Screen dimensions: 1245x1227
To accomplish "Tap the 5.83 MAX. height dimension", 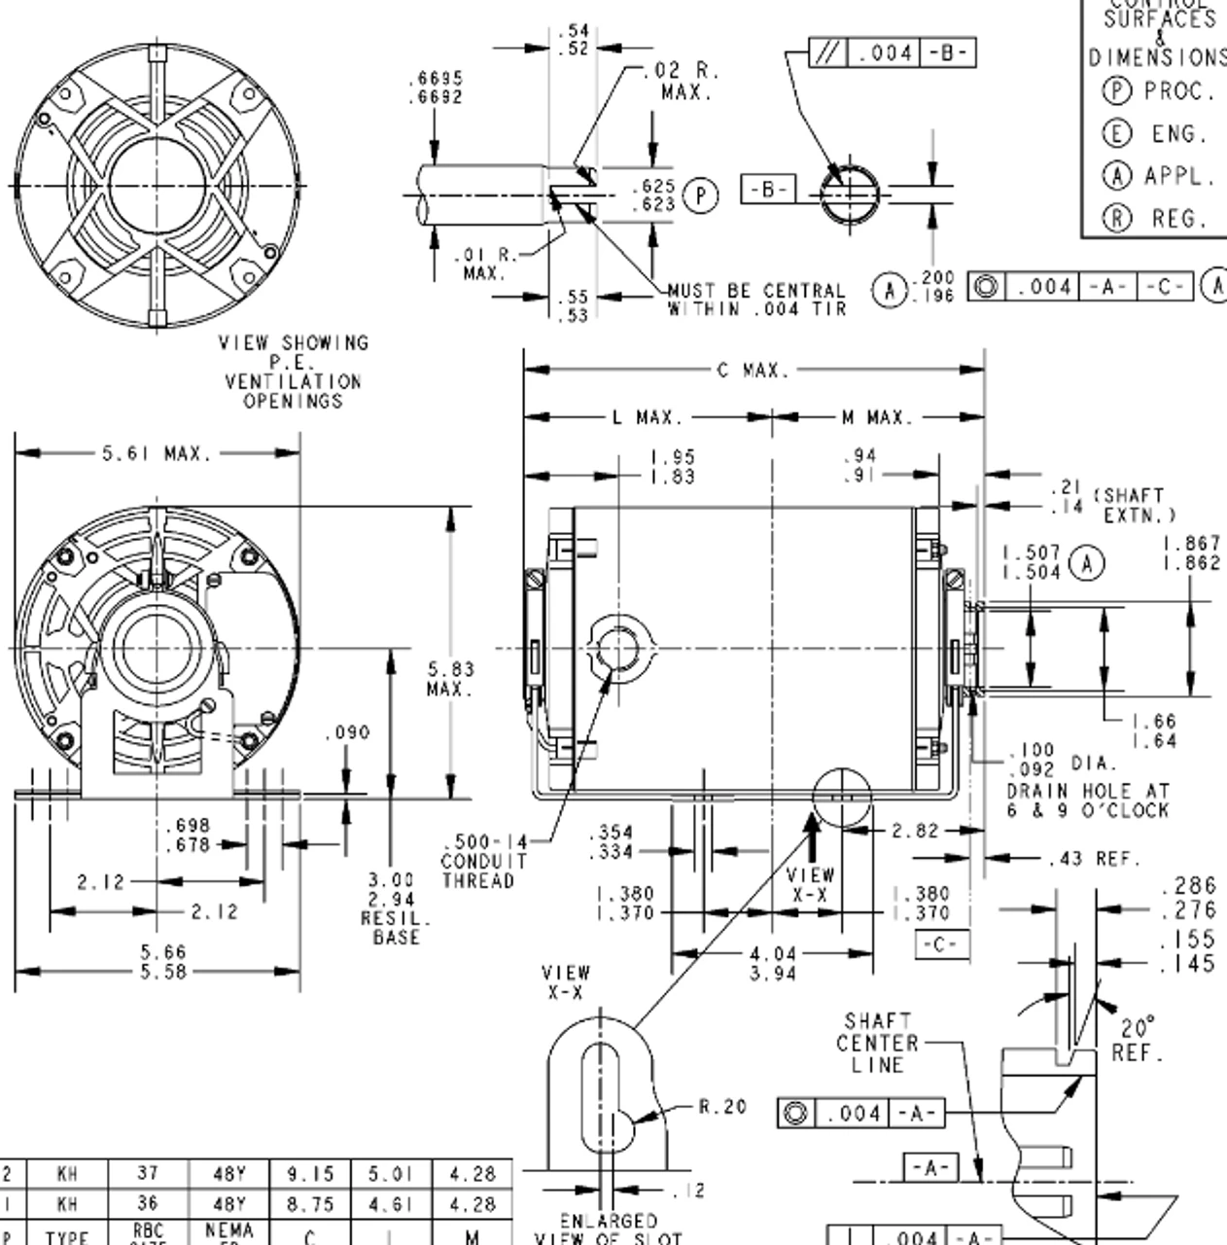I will pos(450,679).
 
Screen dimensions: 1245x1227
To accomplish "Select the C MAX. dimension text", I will pos(754,371).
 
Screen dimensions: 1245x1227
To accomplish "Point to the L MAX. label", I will pos(647,417).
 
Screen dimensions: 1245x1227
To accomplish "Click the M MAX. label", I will pos(877,417).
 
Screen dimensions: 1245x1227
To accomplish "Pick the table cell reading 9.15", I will pos(310,1175).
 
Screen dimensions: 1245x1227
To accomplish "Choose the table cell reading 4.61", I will pos(391,1204).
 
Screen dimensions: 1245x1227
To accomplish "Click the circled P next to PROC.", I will pos(1116,91).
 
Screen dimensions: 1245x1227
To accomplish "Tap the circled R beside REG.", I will pos(1116,219).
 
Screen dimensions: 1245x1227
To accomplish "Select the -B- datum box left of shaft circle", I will pos(768,189).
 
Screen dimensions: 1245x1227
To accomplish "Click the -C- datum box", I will pos(941,944).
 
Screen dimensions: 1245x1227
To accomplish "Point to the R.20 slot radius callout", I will pos(722,1106).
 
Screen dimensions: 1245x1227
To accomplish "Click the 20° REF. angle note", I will pos(1138,1040).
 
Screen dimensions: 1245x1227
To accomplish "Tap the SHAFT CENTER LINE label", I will pos(877,1044).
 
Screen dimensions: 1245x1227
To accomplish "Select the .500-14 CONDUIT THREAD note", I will pos(484,861).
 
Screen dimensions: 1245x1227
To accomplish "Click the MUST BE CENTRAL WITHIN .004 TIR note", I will pos(756,300).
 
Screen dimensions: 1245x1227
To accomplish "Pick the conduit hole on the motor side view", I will pos(618,648).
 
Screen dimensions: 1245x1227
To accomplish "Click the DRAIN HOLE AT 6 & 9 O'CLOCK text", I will pos(1087,800).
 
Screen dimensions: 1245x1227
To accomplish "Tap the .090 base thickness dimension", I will pos(347,732).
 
